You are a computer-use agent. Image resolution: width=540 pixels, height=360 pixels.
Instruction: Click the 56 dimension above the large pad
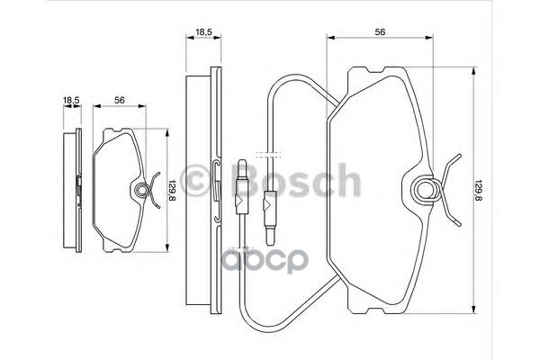pyautogui.click(x=380, y=32)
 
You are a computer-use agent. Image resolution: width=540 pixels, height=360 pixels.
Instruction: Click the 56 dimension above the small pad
pyautogui.click(x=119, y=100)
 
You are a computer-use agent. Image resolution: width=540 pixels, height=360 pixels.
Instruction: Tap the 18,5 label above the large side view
pyautogui.click(x=203, y=32)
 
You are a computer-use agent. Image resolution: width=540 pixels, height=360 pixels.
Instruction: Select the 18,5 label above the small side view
pyautogui.click(x=71, y=100)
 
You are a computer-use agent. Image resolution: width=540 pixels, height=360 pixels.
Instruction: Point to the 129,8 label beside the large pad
pyautogui.click(x=478, y=190)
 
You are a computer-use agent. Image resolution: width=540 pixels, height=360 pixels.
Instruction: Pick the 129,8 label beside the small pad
pyautogui.click(x=172, y=191)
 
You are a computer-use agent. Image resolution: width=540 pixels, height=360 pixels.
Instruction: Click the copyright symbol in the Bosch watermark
pyautogui.click(x=195, y=181)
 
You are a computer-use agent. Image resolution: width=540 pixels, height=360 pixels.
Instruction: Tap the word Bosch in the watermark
pyautogui.click(x=297, y=180)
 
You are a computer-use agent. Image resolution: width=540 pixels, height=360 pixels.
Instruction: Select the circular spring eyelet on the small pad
pyautogui.click(x=141, y=191)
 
